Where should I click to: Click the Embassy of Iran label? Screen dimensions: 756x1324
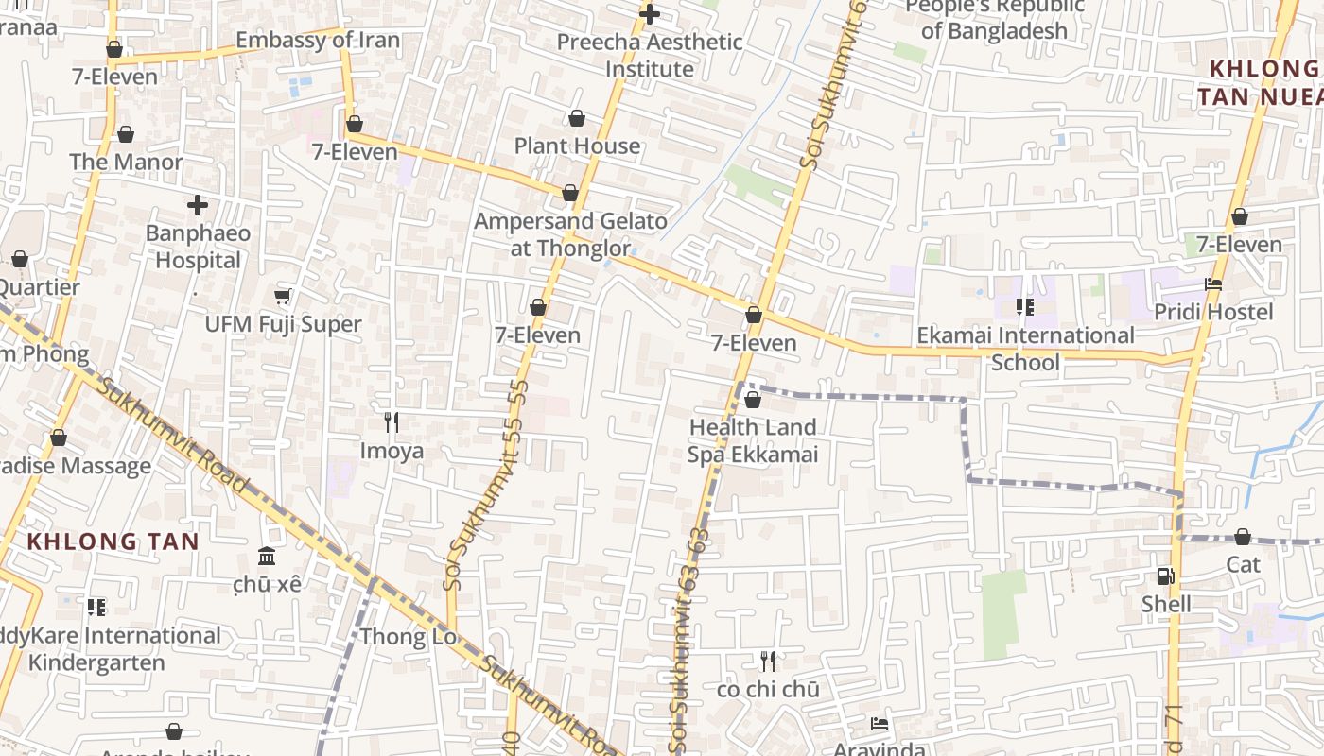(x=318, y=41)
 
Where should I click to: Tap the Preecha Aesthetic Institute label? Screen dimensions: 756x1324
(x=650, y=56)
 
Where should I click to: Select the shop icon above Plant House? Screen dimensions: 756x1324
(x=576, y=118)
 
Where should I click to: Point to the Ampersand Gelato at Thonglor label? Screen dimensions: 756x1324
(x=570, y=234)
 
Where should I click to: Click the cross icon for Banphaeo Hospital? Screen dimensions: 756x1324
(x=198, y=204)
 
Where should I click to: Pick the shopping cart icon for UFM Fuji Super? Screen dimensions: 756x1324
(x=282, y=297)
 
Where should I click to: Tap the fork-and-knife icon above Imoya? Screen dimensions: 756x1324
(x=391, y=421)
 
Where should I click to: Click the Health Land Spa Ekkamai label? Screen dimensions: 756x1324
(x=752, y=440)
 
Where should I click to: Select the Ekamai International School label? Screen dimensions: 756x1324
(x=1025, y=349)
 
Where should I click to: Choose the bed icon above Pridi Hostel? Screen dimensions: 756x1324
(x=1213, y=284)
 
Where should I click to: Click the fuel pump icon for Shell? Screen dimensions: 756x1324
(x=1165, y=576)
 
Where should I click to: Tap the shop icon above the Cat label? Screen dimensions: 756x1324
(x=1243, y=537)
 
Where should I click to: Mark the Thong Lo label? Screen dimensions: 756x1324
(x=409, y=637)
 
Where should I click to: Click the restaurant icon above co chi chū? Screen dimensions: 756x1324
(x=767, y=661)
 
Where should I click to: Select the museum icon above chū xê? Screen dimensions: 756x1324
(x=267, y=556)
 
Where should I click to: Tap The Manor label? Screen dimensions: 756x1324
(x=126, y=162)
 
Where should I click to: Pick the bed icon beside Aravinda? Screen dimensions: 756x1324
(x=879, y=725)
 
